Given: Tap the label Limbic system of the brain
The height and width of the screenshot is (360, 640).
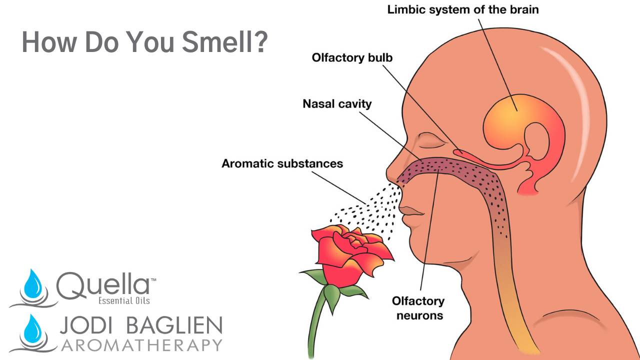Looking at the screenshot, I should coord(463,9).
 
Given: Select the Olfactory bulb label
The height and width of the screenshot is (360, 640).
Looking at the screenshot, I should coord(352,57).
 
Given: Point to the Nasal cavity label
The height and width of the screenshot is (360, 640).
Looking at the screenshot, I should coord(337,104).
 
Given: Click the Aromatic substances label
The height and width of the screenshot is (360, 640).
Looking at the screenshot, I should coord(282,163).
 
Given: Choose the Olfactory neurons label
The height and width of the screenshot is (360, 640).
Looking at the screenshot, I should coord(418,308).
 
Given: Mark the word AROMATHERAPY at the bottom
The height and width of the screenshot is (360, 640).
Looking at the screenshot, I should coord(140,345).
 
